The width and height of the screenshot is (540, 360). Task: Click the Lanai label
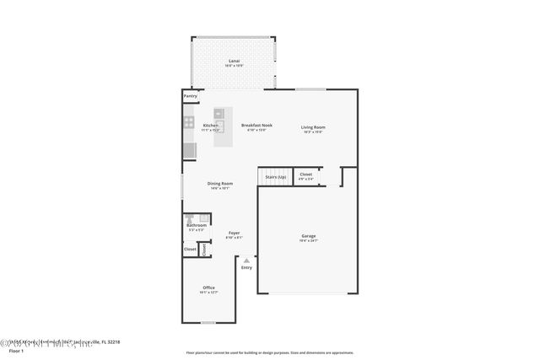(x=234, y=61)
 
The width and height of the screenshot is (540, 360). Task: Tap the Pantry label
(x=190, y=96)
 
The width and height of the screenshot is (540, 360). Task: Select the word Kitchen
(x=210, y=126)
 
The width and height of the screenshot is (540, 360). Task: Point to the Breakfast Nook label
(x=256, y=126)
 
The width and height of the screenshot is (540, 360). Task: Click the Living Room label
(x=312, y=127)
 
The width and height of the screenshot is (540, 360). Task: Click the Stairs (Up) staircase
(x=275, y=177)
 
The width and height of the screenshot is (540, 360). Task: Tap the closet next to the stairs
(x=305, y=175)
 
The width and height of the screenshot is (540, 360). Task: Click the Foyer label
(x=234, y=233)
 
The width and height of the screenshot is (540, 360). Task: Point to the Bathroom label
(x=197, y=225)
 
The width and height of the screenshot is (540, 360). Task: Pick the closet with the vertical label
(x=203, y=250)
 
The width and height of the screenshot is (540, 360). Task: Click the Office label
(x=208, y=287)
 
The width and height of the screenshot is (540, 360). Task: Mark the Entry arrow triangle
(x=246, y=261)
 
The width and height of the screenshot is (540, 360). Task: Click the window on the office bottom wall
(x=208, y=322)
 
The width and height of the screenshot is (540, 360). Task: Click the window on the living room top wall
(x=310, y=89)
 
